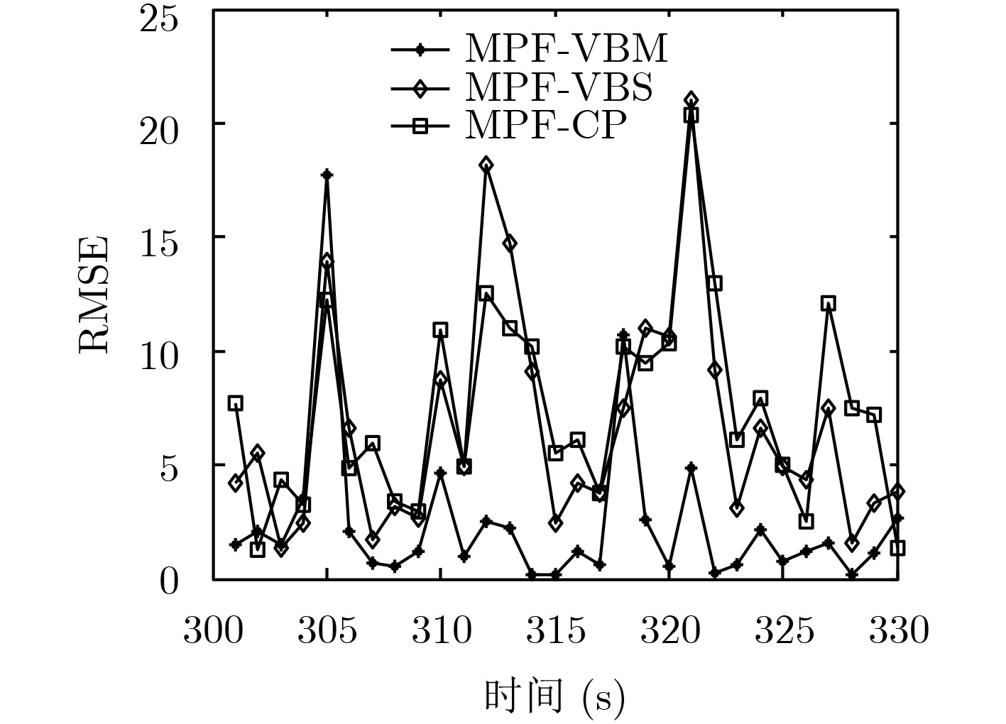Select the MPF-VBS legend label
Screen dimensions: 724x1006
559,88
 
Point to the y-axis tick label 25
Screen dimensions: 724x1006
158,18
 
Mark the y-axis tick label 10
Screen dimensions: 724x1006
158,353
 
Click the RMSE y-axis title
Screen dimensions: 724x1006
94,295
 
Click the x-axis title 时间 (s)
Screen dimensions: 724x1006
554,696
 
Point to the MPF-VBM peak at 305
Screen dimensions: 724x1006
327,175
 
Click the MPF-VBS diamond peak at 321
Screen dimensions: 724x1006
691,100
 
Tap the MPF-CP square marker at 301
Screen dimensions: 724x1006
236,403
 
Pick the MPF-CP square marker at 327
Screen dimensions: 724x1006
828,304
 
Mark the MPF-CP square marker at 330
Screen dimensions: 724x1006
897,548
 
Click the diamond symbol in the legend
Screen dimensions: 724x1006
420,89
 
